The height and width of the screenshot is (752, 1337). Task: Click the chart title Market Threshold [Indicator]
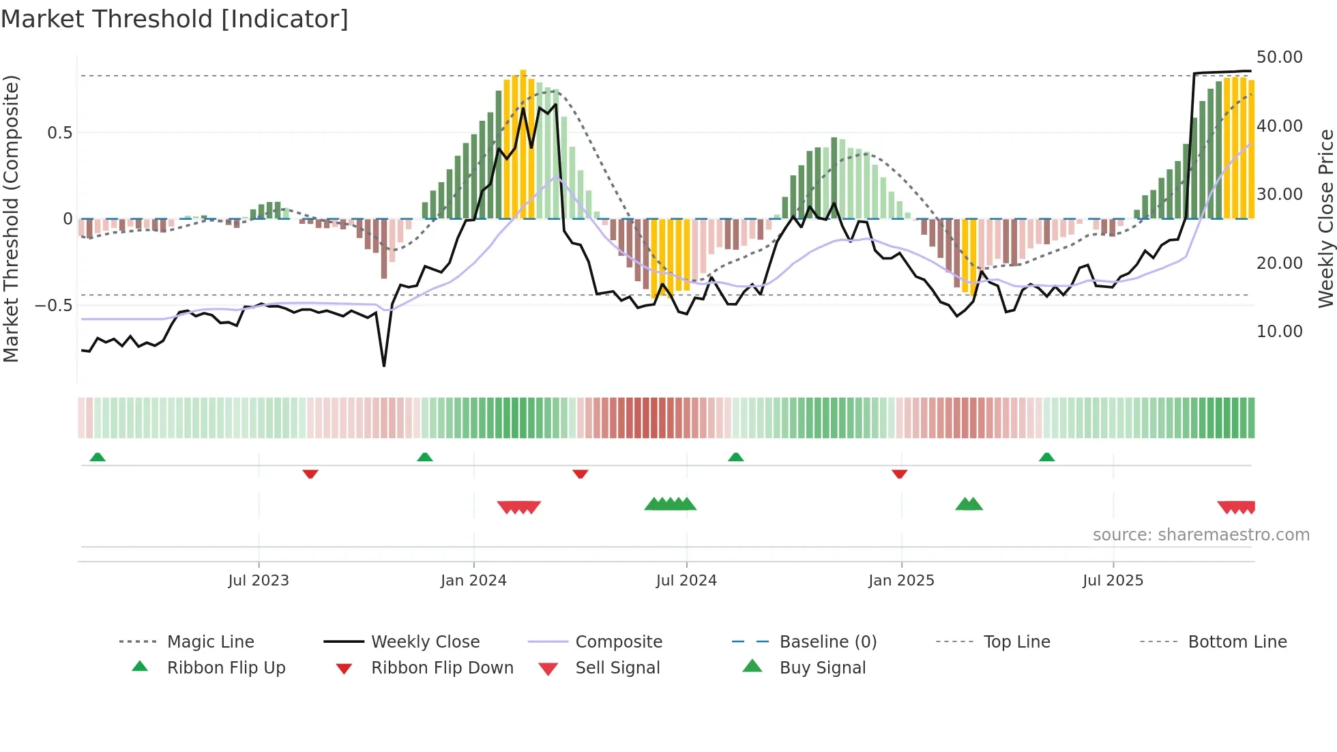pyautogui.click(x=175, y=19)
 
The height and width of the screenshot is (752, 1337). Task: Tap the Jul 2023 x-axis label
pyautogui.click(x=259, y=581)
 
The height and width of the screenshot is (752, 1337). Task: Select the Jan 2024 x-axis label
pyautogui.click(x=473, y=581)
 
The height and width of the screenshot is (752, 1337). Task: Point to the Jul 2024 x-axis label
pyautogui.click(x=686, y=581)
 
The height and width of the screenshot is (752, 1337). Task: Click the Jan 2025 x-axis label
pyautogui.click(x=901, y=581)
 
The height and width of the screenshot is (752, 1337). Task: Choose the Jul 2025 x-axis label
pyautogui.click(x=1113, y=581)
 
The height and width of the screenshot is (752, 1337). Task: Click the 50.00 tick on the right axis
pyautogui.click(x=1279, y=57)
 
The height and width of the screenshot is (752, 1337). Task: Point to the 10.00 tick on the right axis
pyautogui.click(x=1279, y=332)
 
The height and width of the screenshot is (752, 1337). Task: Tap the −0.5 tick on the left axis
pyautogui.click(x=54, y=305)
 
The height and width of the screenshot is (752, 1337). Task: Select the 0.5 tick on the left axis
pyautogui.click(x=59, y=132)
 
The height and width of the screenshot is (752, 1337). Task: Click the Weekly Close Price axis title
pyautogui.click(x=1325, y=218)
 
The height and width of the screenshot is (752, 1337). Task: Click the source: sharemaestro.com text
pyautogui.click(x=1201, y=535)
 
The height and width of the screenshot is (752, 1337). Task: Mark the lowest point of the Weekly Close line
pyautogui.click(x=384, y=366)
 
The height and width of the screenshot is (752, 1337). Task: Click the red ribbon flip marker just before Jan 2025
pyautogui.click(x=899, y=474)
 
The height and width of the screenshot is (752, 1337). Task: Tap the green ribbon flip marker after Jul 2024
pyautogui.click(x=735, y=457)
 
